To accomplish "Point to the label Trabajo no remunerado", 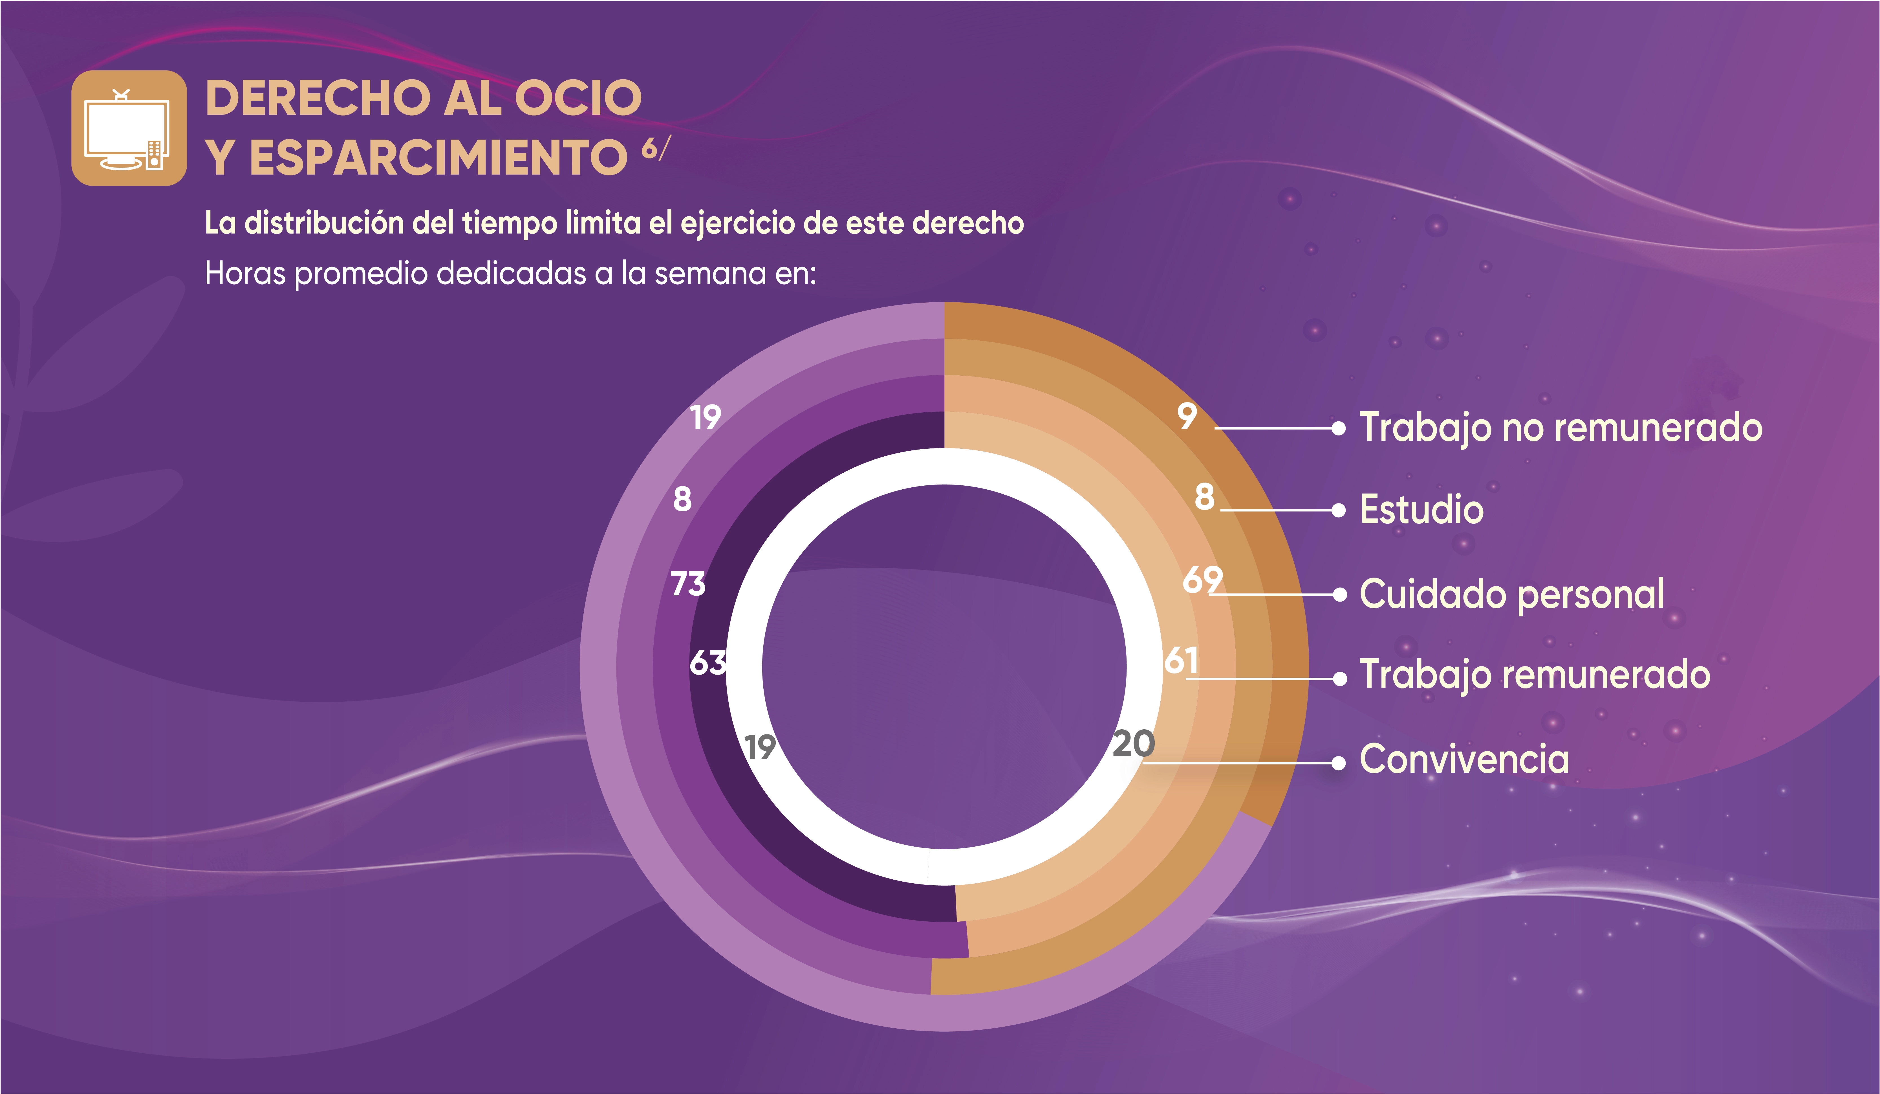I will [x=1561, y=428].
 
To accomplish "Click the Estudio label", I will [x=1421, y=510].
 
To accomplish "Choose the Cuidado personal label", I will [x=1511, y=594].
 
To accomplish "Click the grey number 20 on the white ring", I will [x=1133, y=744].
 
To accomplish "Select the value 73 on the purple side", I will [x=688, y=584].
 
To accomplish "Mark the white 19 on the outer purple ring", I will [x=705, y=417].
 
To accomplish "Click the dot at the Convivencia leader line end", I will [x=1339, y=763].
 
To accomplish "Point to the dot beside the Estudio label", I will [x=1339, y=510].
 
